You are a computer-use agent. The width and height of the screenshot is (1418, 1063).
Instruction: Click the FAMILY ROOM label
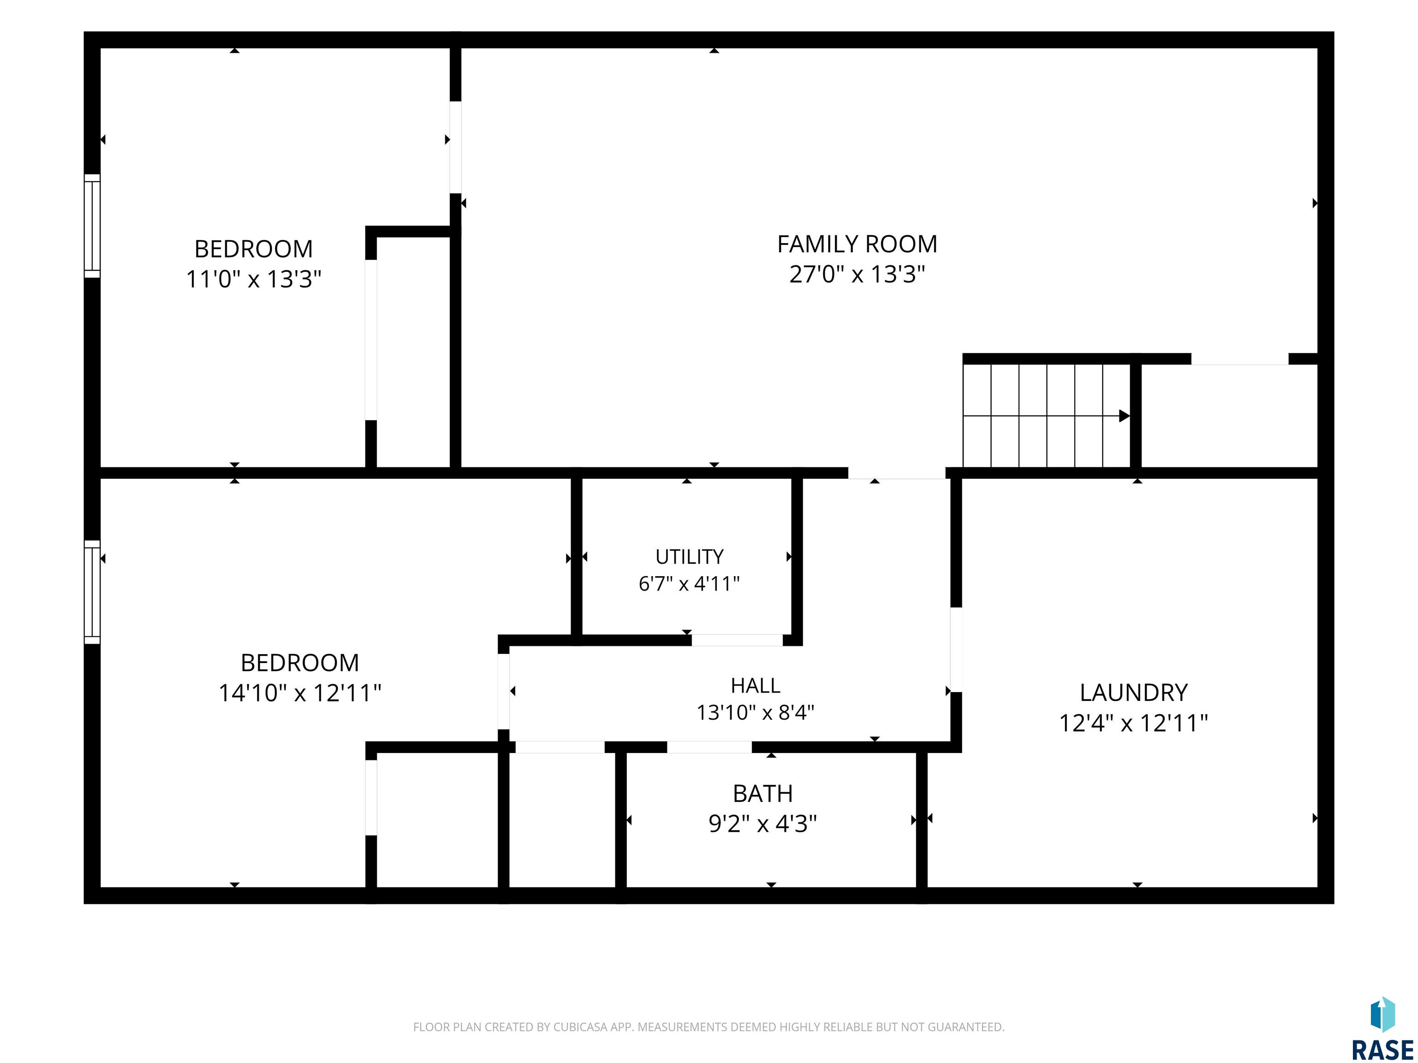[x=857, y=244]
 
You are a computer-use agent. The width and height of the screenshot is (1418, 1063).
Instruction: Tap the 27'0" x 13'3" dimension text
[x=857, y=274]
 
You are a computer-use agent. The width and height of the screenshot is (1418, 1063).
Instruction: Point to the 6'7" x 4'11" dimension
[x=689, y=584]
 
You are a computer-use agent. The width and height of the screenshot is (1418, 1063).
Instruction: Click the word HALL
[x=755, y=686]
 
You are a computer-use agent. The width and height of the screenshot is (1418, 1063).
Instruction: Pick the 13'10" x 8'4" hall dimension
[x=755, y=712]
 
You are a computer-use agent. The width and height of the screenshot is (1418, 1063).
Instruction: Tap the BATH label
[x=763, y=794]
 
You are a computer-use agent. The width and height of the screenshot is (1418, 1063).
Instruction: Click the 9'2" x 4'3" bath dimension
[x=763, y=824]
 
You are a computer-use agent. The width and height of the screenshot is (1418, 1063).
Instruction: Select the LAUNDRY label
[x=1133, y=693]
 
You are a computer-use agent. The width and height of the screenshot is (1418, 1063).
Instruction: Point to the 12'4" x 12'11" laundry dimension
[x=1133, y=723]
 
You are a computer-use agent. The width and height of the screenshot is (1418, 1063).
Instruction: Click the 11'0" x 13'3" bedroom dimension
[x=254, y=280]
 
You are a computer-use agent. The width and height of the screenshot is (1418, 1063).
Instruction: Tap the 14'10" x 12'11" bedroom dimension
[x=300, y=693]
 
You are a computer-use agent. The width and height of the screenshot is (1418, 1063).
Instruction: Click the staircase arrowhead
[x=1124, y=416]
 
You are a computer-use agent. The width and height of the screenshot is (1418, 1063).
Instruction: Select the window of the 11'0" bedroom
[x=92, y=226]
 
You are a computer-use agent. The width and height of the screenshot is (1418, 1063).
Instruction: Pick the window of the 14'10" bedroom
[x=92, y=592]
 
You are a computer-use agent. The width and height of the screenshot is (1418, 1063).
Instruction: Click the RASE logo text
[x=1382, y=1050]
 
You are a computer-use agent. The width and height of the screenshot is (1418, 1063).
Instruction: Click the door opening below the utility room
[x=737, y=640]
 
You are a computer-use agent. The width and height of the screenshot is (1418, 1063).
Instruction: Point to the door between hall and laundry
[x=956, y=650]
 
